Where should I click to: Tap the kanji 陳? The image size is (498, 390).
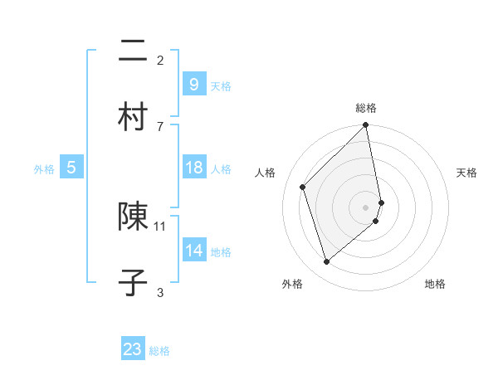coord(133,217)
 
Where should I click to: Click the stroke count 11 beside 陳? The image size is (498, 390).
coord(160,225)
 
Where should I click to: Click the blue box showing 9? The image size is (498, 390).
coord(193,84)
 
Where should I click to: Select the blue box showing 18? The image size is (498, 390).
coord(193,168)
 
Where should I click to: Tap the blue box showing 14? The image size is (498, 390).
coord(193,250)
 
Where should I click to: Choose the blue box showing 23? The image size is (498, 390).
coord(133,349)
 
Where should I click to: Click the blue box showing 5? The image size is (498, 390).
coord(71,168)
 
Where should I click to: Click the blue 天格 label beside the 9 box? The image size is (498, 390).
coord(221,86)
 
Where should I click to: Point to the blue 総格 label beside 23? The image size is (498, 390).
coord(159,352)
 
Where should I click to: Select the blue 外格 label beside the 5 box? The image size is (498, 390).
coord(44,169)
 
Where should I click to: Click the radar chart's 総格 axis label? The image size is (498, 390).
coord(366,108)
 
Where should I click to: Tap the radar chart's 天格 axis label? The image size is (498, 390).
coord(466,173)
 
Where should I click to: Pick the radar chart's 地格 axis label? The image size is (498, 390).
coord(435,284)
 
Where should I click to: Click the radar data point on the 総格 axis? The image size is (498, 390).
coord(366,125)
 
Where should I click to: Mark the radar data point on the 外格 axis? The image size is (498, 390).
coord(326,261)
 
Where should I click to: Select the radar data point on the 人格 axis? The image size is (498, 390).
coord(303,187)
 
